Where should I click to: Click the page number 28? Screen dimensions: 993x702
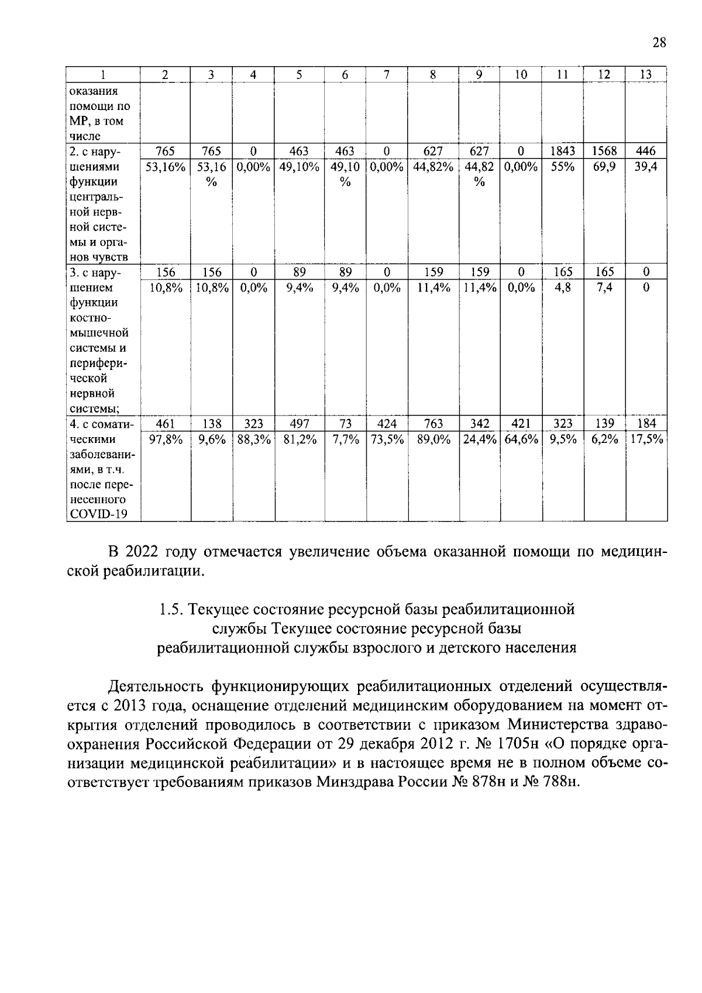[x=659, y=42]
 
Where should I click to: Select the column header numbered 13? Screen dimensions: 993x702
[x=646, y=75]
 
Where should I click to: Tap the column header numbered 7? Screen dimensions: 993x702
[x=387, y=75]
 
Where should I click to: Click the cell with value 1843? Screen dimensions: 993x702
[x=563, y=151]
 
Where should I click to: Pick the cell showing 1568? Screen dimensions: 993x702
[x=604, y=151]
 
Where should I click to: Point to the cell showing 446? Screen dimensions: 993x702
[x=646, y=151]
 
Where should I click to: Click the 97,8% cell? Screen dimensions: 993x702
[x=166, y=439]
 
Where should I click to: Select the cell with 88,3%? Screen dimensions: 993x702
[x=253, y=439]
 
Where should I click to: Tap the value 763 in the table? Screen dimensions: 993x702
[x=433, y=424]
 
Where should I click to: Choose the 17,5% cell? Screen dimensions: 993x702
[x=646, y=439]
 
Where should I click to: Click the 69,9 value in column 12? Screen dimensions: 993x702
[x=604, y=167]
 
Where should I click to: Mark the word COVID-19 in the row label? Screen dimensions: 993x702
[x=98, y=514]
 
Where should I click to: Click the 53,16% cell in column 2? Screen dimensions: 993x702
[x=166, y=167]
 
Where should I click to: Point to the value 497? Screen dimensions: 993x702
[x=299, y=424]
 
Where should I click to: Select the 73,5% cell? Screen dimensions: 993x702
[x=387, y=439]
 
